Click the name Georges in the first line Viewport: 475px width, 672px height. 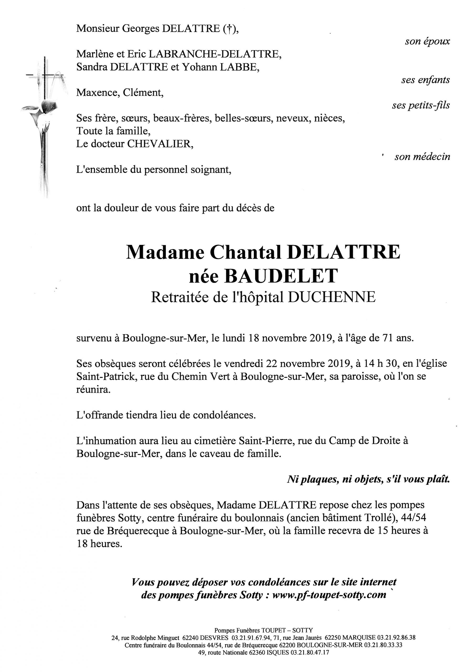(140, 28)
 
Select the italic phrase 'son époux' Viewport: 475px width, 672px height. (427, 41)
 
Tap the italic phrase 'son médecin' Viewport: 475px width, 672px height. (422, 157)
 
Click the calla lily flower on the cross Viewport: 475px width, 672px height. (44, 108)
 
